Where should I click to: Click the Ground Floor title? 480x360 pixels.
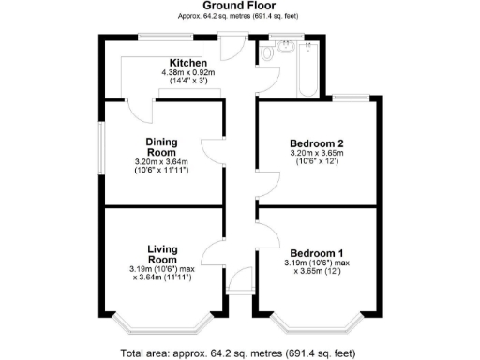(x=239, y=6)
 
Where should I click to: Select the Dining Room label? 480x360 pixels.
(x=161, y=147)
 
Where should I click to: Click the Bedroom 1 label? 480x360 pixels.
(x=316, y=254)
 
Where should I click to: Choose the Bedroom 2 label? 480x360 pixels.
(x=316, y=142)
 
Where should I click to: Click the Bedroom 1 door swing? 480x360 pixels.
(x=266, y=236)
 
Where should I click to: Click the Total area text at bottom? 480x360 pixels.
(x=239, y=352)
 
